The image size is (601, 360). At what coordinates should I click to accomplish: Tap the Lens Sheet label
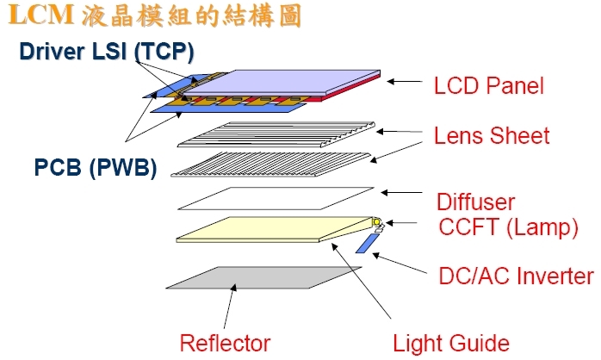click(x=492, y=136)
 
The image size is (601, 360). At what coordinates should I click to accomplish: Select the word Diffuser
click(x=475, y=202)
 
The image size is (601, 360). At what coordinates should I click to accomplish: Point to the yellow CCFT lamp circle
click(x=377, y=224)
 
